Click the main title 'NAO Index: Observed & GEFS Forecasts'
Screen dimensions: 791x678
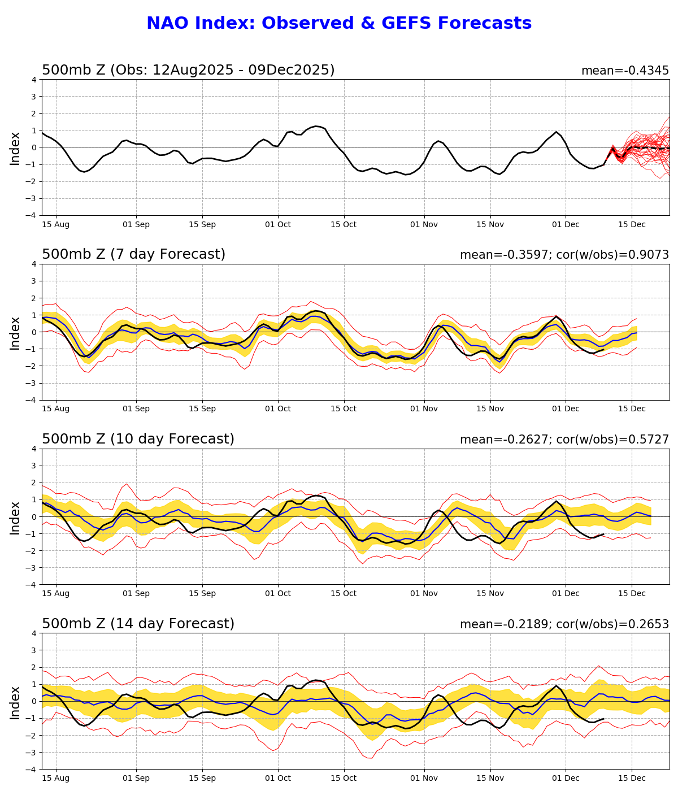[x=339, y=24]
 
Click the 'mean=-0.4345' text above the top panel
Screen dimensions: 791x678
[x=625, y=71]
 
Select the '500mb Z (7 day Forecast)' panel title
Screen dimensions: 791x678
[x=133, y=255]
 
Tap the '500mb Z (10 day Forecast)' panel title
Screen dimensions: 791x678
[x=138, y=440]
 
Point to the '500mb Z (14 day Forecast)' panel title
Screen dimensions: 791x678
[x=138, y=624]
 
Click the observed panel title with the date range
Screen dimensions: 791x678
[x=188, y=70]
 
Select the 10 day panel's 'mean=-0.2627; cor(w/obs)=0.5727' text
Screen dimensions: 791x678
[x=564, y=440]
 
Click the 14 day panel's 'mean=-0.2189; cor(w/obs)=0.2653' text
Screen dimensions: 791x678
[x=564, y=624]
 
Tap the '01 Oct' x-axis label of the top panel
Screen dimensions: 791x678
[x=277, y=224]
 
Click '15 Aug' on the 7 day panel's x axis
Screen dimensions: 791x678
[x=55, y=409]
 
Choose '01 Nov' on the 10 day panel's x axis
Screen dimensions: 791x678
[x=424, y=594]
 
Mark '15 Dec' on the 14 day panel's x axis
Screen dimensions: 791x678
[x=632, y=779]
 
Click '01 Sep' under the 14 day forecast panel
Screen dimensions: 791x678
[x=136, y=779]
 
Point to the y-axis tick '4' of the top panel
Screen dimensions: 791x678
[x=34, y=79]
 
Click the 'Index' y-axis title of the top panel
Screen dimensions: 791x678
[x=15, y=148]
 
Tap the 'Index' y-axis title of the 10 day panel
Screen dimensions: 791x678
[x=15, y=517]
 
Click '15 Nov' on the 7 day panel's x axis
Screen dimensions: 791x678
[x=490, y=409]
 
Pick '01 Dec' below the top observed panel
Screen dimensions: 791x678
[x=566, y=224]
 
